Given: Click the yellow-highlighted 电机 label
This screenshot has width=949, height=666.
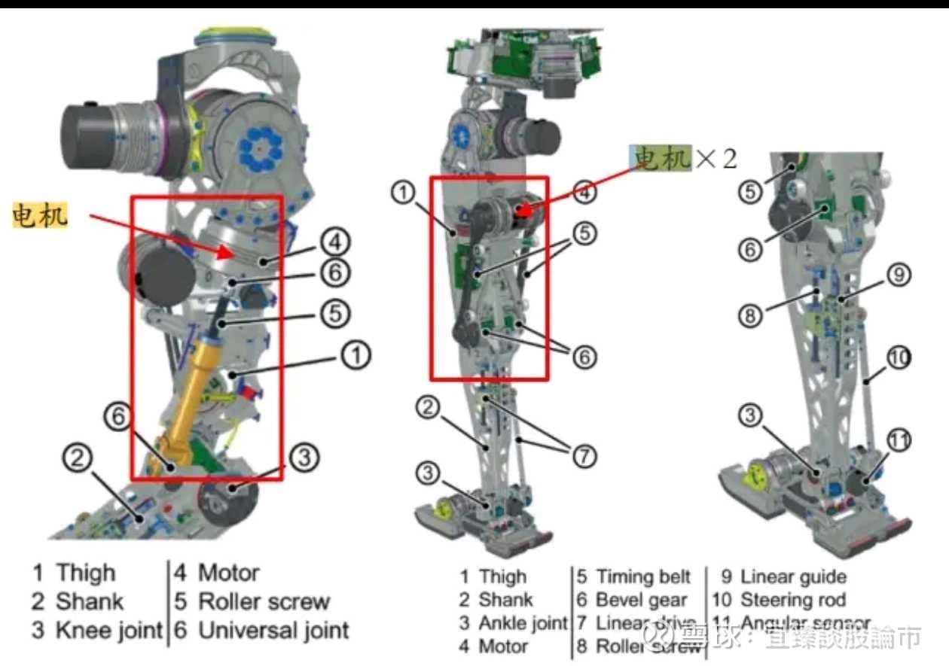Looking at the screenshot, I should [x=40, y=216].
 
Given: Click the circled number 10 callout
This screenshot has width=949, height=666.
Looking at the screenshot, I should [x=898, y=359].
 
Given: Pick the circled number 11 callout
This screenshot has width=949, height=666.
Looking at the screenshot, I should [x=899, y=442].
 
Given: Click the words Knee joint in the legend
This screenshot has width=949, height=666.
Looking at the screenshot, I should [x=109, y=630].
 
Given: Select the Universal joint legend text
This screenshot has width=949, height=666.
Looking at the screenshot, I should [x=273, y=630].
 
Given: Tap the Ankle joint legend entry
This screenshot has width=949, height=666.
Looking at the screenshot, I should [x=522, y=623].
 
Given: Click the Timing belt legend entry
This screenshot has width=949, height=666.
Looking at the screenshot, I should [x=643, y=577].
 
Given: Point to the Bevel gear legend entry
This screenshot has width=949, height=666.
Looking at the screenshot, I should [x=641, y=600].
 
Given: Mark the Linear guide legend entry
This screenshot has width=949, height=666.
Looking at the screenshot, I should [x=793, y=577].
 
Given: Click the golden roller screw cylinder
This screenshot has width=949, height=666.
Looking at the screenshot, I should [x=198, y=395].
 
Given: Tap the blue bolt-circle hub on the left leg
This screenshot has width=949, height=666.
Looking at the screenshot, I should [x=258, y=148].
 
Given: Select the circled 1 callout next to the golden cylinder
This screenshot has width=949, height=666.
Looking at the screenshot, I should [x=356, y=354].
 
